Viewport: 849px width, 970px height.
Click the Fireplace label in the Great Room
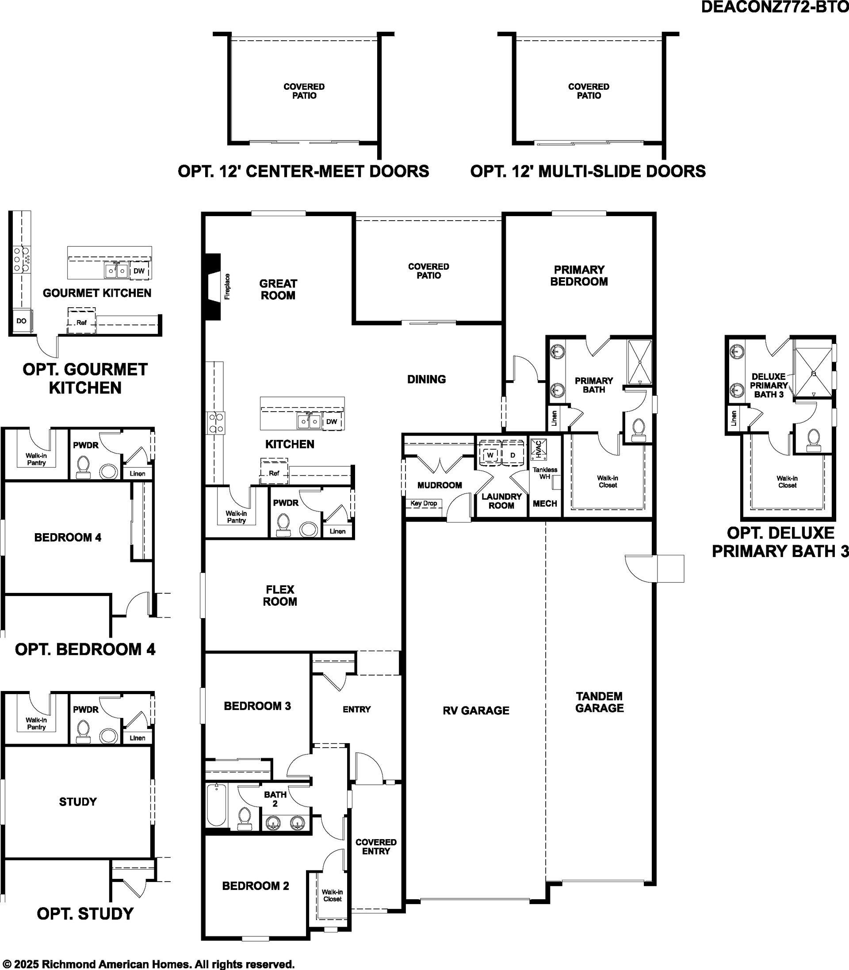point(227,286)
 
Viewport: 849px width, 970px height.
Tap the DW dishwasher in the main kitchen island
point(332,421)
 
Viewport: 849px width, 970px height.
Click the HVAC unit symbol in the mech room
point(539,449)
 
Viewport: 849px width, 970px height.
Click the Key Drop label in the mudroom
point(424,504)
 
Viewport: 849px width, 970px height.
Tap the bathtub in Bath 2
point(218,806)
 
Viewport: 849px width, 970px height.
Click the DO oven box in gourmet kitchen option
point(21,321)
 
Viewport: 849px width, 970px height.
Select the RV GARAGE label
point(476,710)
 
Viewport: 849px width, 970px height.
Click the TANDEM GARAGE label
point(599,703)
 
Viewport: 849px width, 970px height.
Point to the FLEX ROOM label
point(280,596)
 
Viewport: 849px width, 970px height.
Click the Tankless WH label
point(545,473)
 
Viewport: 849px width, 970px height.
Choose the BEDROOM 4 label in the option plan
point(68,538)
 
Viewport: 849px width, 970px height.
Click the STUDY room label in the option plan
point(78,802)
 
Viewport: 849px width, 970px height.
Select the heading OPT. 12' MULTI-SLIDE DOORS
point(588,171)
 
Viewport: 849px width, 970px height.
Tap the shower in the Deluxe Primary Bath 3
point(813,373)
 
